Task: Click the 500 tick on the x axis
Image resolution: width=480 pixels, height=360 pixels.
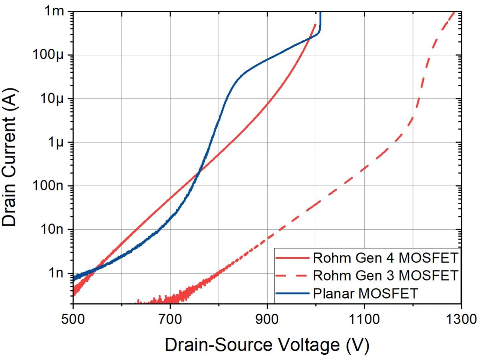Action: [x=73, y=319]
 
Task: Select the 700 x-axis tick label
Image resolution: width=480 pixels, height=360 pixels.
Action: [x=170, y=319]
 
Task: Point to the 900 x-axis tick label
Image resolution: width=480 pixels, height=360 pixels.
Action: [x=267, y=319]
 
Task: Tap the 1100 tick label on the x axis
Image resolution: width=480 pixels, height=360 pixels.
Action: [x=364, y=319]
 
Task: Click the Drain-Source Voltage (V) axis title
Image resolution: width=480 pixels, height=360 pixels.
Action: [x=267, y=345]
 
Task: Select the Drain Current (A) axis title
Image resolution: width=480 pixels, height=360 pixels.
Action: [x=10, y=157]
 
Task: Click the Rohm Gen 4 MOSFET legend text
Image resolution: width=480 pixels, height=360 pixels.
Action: [x=385, y=258]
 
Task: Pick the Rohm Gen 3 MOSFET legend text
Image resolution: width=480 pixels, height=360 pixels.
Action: [x=385, y=276]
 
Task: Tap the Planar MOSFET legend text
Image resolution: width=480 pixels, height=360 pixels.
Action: [x=365, y=293]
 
